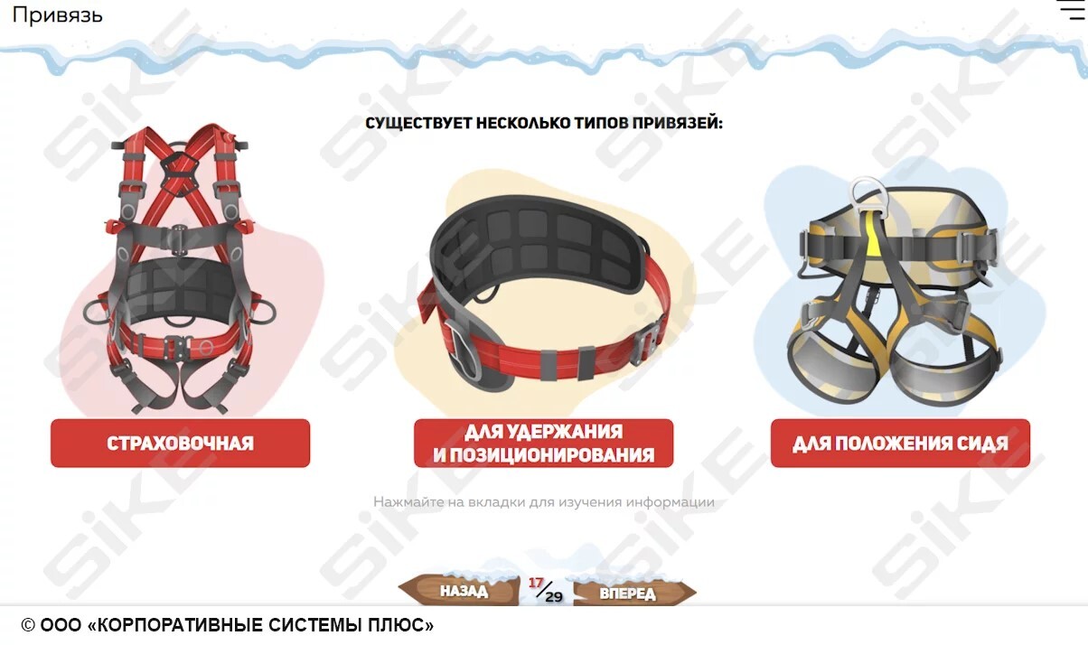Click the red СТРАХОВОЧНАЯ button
pos(180,444)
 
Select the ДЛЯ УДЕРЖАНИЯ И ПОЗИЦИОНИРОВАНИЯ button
pos(543,444)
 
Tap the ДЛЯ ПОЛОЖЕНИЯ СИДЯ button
pos(900,444)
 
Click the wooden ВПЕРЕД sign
pos(633,593)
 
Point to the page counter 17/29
pos(546,590)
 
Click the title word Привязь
pos(57,15)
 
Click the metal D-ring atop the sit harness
pos(868,192)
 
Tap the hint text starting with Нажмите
pos(543,502)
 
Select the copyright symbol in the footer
pos(28,625)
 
